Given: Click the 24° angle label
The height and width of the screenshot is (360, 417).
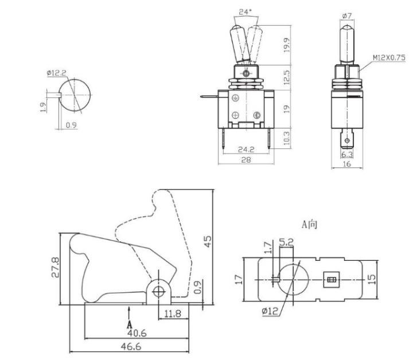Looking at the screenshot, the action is [245, 12].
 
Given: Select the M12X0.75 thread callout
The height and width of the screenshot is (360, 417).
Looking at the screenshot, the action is [389, 58].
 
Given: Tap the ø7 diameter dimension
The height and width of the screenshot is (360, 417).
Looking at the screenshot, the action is [347, 16].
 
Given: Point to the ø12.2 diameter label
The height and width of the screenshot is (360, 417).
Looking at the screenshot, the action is [56, 73].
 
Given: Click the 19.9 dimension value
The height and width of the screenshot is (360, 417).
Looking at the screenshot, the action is [287, 45].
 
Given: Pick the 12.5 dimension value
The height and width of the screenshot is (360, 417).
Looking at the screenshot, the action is [287, 77].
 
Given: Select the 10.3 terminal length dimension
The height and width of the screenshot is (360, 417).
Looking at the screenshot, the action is [287, 138].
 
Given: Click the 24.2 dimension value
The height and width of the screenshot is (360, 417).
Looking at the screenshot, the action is [246, 150].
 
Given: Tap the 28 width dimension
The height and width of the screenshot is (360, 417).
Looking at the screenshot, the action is [246, 160].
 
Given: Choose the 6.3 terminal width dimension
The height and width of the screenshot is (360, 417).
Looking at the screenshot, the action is [347, 154].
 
